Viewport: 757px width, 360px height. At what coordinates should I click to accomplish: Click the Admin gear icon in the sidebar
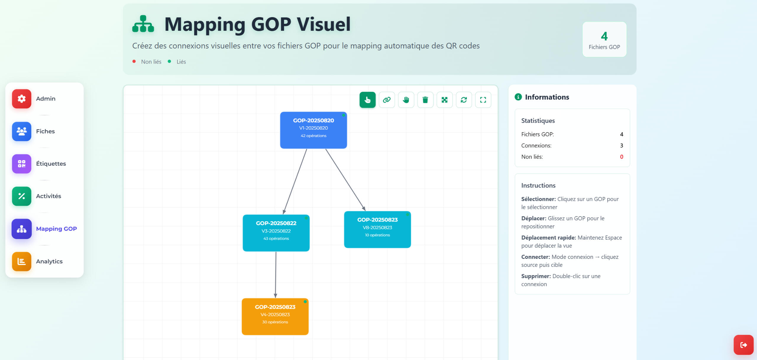click(22, 99)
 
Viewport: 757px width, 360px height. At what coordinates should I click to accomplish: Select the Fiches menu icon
click(22, 131)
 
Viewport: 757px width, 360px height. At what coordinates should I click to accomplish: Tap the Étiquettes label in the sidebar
click(51, 164)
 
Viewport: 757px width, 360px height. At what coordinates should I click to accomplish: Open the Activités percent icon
click(22, 196)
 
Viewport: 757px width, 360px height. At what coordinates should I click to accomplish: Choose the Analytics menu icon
click(22, 261)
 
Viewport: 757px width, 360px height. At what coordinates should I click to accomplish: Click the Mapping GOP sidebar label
click(56, 229)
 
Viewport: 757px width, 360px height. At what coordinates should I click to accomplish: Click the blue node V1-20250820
click(313, 130)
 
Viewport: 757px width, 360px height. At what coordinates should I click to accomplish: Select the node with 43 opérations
click(276, 233)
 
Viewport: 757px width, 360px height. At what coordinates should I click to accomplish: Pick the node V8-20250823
click(377, 230)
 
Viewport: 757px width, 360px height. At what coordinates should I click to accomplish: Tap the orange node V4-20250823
click(275, 317)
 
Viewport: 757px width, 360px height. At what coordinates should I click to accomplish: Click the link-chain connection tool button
click(387, 100)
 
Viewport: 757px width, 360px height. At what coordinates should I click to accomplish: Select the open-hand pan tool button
click(406, 100)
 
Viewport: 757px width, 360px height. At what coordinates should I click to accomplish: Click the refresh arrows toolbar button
click(464, 100)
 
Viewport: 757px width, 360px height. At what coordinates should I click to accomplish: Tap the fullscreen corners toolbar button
click(483, 100)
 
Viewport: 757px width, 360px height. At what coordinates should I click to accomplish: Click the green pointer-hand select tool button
click(368, 100)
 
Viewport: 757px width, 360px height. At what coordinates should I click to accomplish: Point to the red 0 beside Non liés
click(622, 157)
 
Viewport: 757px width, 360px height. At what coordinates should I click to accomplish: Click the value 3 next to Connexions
click(622, 146)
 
